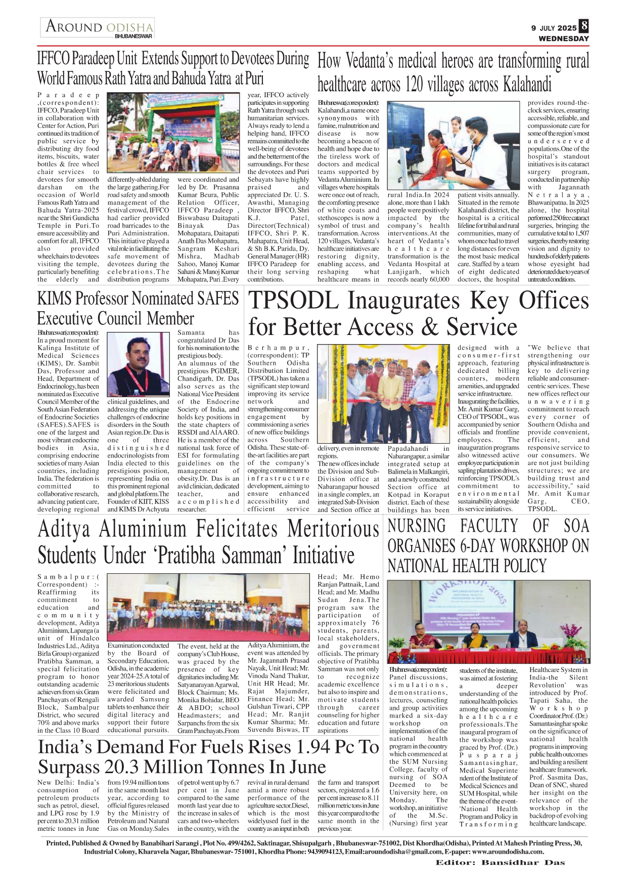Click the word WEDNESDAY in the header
[564, 38]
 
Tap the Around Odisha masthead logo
[98, 28]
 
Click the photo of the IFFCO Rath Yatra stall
[176, 132]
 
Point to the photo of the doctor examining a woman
[454, 145]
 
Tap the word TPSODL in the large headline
[293, 301]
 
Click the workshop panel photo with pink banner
[488, 622]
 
